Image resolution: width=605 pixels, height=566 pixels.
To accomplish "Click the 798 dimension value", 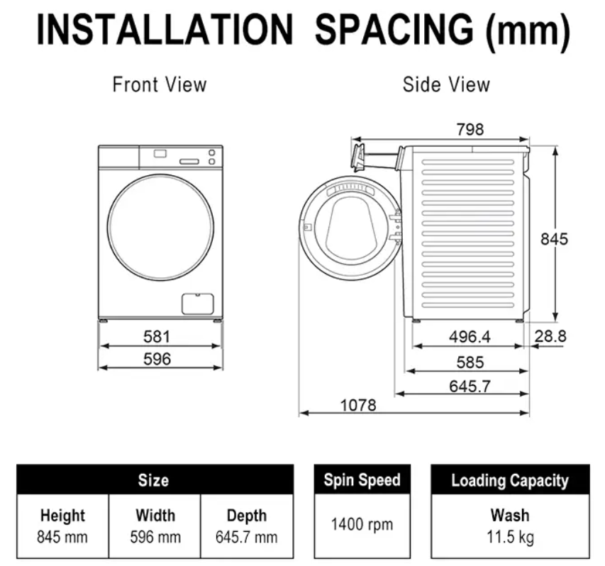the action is [x=470, y=130].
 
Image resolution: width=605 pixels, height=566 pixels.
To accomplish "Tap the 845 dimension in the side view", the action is [x=554, y=239].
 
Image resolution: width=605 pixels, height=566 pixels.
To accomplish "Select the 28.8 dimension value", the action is [x=550, y=336].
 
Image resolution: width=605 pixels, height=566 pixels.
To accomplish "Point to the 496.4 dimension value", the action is [x=470, y=337].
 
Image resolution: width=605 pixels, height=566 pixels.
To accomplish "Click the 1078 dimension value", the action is [x=358, y=405].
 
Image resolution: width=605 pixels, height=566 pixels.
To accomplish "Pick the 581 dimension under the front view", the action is [x=157, y=337].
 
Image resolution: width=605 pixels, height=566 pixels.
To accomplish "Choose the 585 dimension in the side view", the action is [x=470, y=362].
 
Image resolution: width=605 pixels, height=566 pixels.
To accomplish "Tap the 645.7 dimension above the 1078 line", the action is [x=470, y=387].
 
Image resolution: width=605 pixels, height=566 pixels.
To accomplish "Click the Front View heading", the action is [x=160, y=84].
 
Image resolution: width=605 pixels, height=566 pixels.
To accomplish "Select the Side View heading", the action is [x=446, y=84].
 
